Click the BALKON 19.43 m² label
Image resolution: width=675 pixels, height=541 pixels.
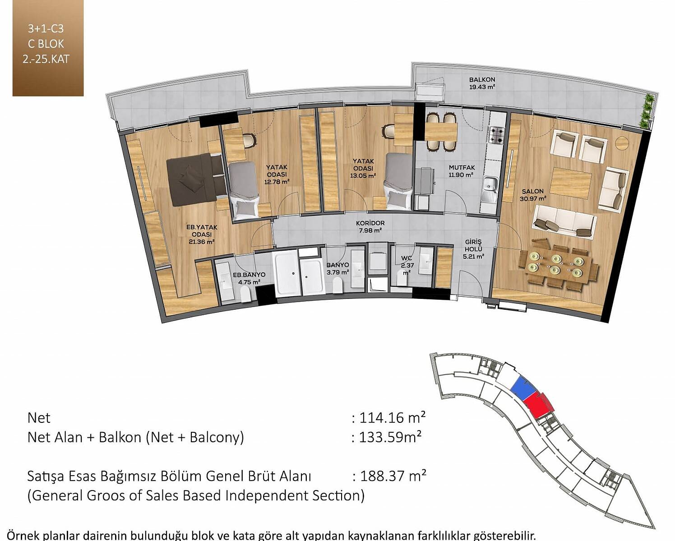point(482,83)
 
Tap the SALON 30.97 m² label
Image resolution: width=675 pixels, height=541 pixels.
point(533,195)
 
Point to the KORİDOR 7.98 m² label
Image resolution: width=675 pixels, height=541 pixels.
point(370,227)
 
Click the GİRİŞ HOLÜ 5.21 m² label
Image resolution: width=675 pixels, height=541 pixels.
point(473,249)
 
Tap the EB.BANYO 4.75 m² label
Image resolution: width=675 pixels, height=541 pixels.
point(249,278)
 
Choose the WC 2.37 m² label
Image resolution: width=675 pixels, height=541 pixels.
point(407,265)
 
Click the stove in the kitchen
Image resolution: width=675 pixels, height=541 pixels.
point(497,135)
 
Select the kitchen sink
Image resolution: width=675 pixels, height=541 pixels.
point(490,188)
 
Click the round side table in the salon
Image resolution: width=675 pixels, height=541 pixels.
point(622,143)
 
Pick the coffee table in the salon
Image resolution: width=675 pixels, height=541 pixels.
point(571,183)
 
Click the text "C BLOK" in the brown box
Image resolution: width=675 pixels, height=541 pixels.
point(46,44)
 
